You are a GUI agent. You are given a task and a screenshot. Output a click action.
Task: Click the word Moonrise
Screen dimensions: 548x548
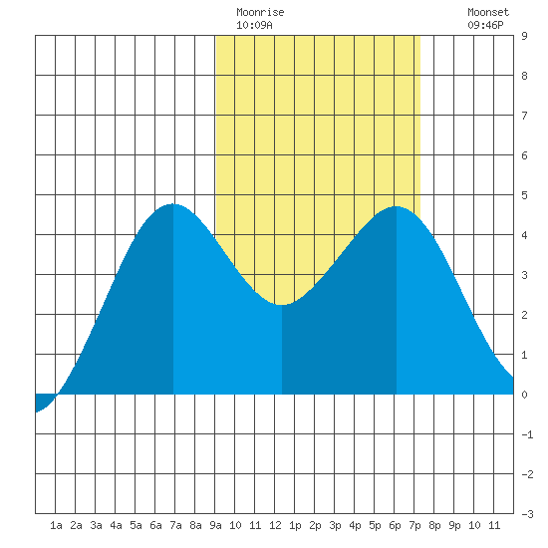260,12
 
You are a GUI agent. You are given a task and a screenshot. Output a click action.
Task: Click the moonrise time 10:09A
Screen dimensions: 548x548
254,25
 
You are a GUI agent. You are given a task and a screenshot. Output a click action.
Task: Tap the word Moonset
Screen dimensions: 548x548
488,12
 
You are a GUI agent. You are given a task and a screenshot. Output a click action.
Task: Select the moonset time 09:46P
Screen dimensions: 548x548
485,25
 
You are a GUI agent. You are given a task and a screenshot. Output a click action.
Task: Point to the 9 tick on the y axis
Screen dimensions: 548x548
524,36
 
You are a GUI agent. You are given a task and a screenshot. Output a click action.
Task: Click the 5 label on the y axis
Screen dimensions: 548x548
524,195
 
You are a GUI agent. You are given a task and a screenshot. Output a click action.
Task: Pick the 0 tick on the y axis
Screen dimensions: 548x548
524,395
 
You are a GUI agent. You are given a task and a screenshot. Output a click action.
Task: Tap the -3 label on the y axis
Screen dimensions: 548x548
527,514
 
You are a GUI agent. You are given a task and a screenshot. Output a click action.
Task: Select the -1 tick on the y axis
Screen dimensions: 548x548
527,434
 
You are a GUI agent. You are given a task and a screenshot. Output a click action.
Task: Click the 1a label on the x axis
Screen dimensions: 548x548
56,525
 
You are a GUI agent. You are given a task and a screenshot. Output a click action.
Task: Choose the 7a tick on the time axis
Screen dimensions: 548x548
175,525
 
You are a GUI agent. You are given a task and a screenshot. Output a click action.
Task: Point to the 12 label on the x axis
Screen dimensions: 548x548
275,525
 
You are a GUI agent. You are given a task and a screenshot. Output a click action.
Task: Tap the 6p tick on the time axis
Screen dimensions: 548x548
395,525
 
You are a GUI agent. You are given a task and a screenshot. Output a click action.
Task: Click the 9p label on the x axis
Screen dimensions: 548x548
454,525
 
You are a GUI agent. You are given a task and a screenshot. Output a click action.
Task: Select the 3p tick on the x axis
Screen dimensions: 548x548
335,525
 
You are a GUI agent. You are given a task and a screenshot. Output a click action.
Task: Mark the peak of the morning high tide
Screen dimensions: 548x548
172,204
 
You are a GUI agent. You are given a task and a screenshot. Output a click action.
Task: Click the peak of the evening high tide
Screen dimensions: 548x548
397,206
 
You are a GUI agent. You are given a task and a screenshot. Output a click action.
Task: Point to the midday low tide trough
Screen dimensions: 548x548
281,305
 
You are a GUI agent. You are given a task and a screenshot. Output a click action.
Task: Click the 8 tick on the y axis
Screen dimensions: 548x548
524,76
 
